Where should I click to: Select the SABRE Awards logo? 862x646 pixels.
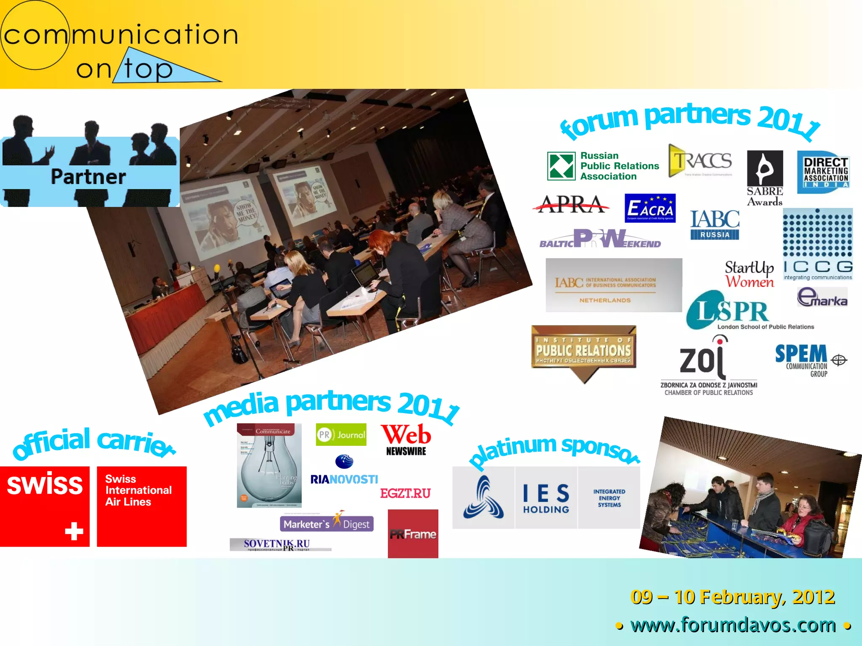point(765,178)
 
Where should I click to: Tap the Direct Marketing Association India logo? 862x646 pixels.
point(824,172)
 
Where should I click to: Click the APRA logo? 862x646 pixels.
point(571,204)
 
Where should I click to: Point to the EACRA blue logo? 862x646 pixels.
point(650,208)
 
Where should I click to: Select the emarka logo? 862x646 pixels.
point(822,297)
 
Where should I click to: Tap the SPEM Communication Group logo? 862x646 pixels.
point(810,360)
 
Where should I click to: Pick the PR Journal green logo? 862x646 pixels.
point(341,434)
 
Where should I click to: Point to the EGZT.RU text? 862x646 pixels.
point(405,493)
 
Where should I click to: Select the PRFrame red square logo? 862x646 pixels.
point(413,534)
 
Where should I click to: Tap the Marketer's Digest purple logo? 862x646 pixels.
point(327,523)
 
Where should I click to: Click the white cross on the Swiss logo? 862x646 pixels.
point(74,531)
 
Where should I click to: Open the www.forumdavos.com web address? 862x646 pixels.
point(733,625)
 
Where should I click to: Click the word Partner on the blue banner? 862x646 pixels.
point(88,177)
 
